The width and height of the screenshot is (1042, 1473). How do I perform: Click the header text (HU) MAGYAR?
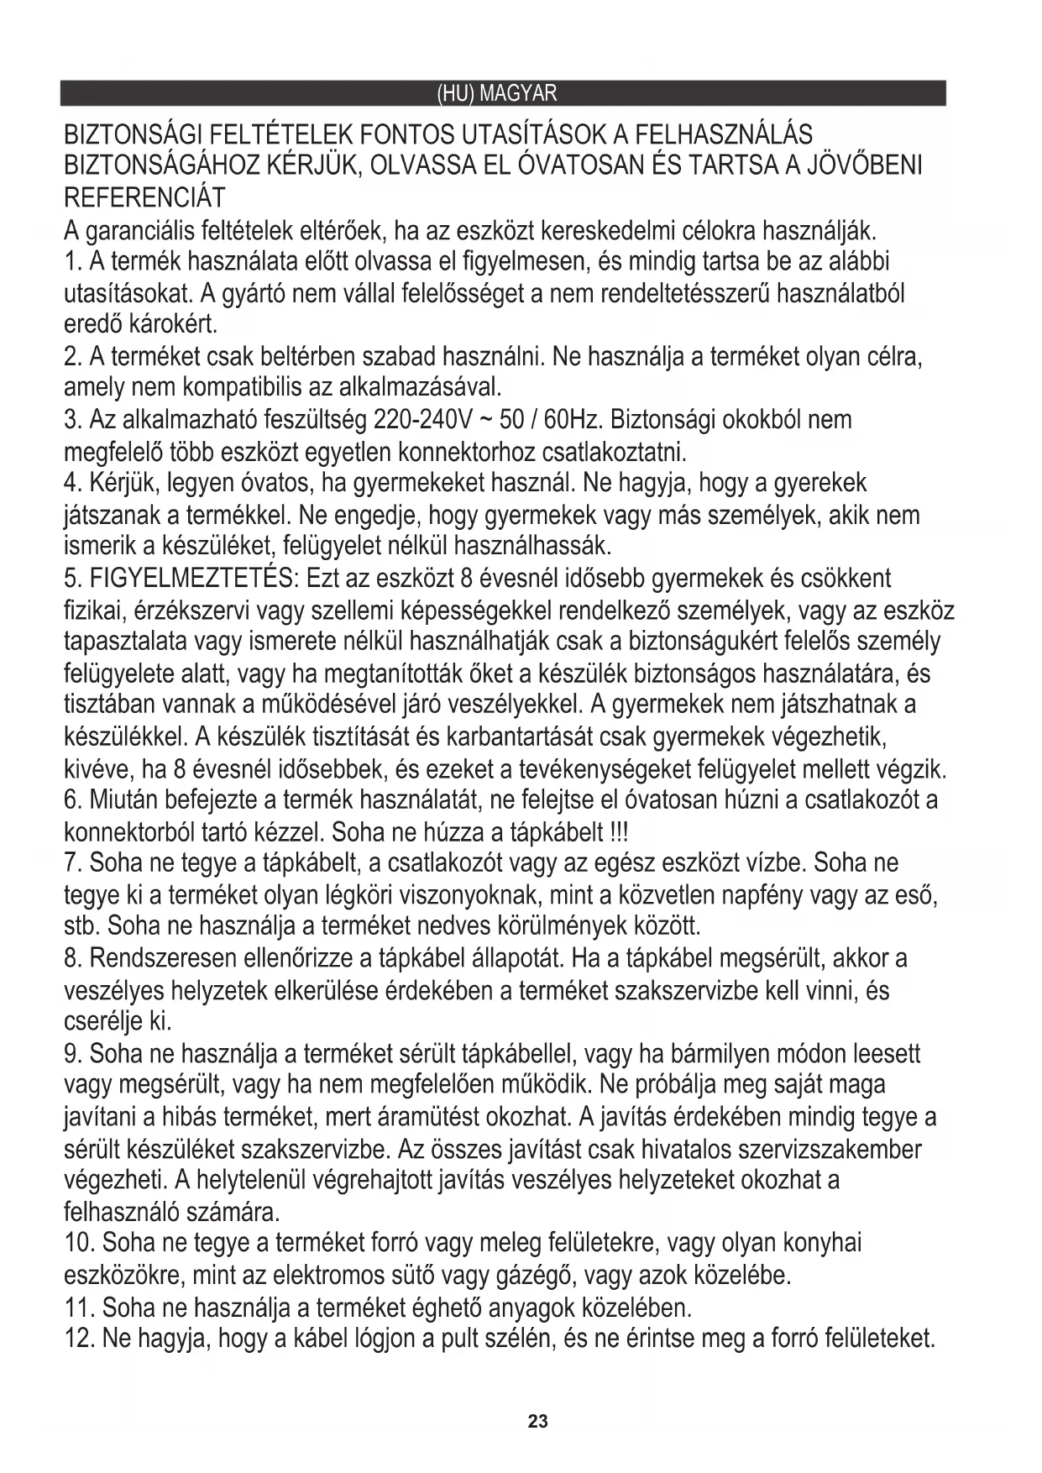497,92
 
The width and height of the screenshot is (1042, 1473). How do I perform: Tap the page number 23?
537,1422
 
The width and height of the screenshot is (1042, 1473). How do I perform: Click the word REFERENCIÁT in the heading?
144,197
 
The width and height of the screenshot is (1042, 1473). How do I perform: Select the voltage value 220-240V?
415,420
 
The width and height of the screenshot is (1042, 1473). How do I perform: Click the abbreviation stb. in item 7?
81,926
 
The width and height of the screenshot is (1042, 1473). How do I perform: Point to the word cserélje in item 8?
103,1022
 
